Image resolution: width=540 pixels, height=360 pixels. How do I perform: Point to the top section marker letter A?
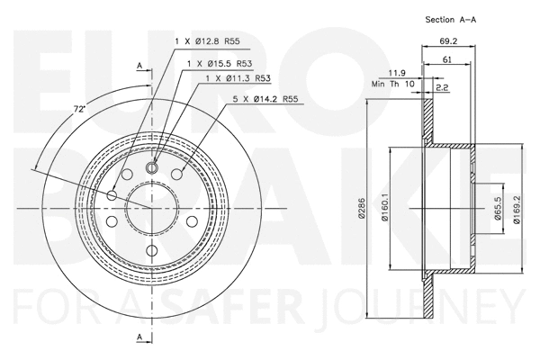[x=139, y=65]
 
